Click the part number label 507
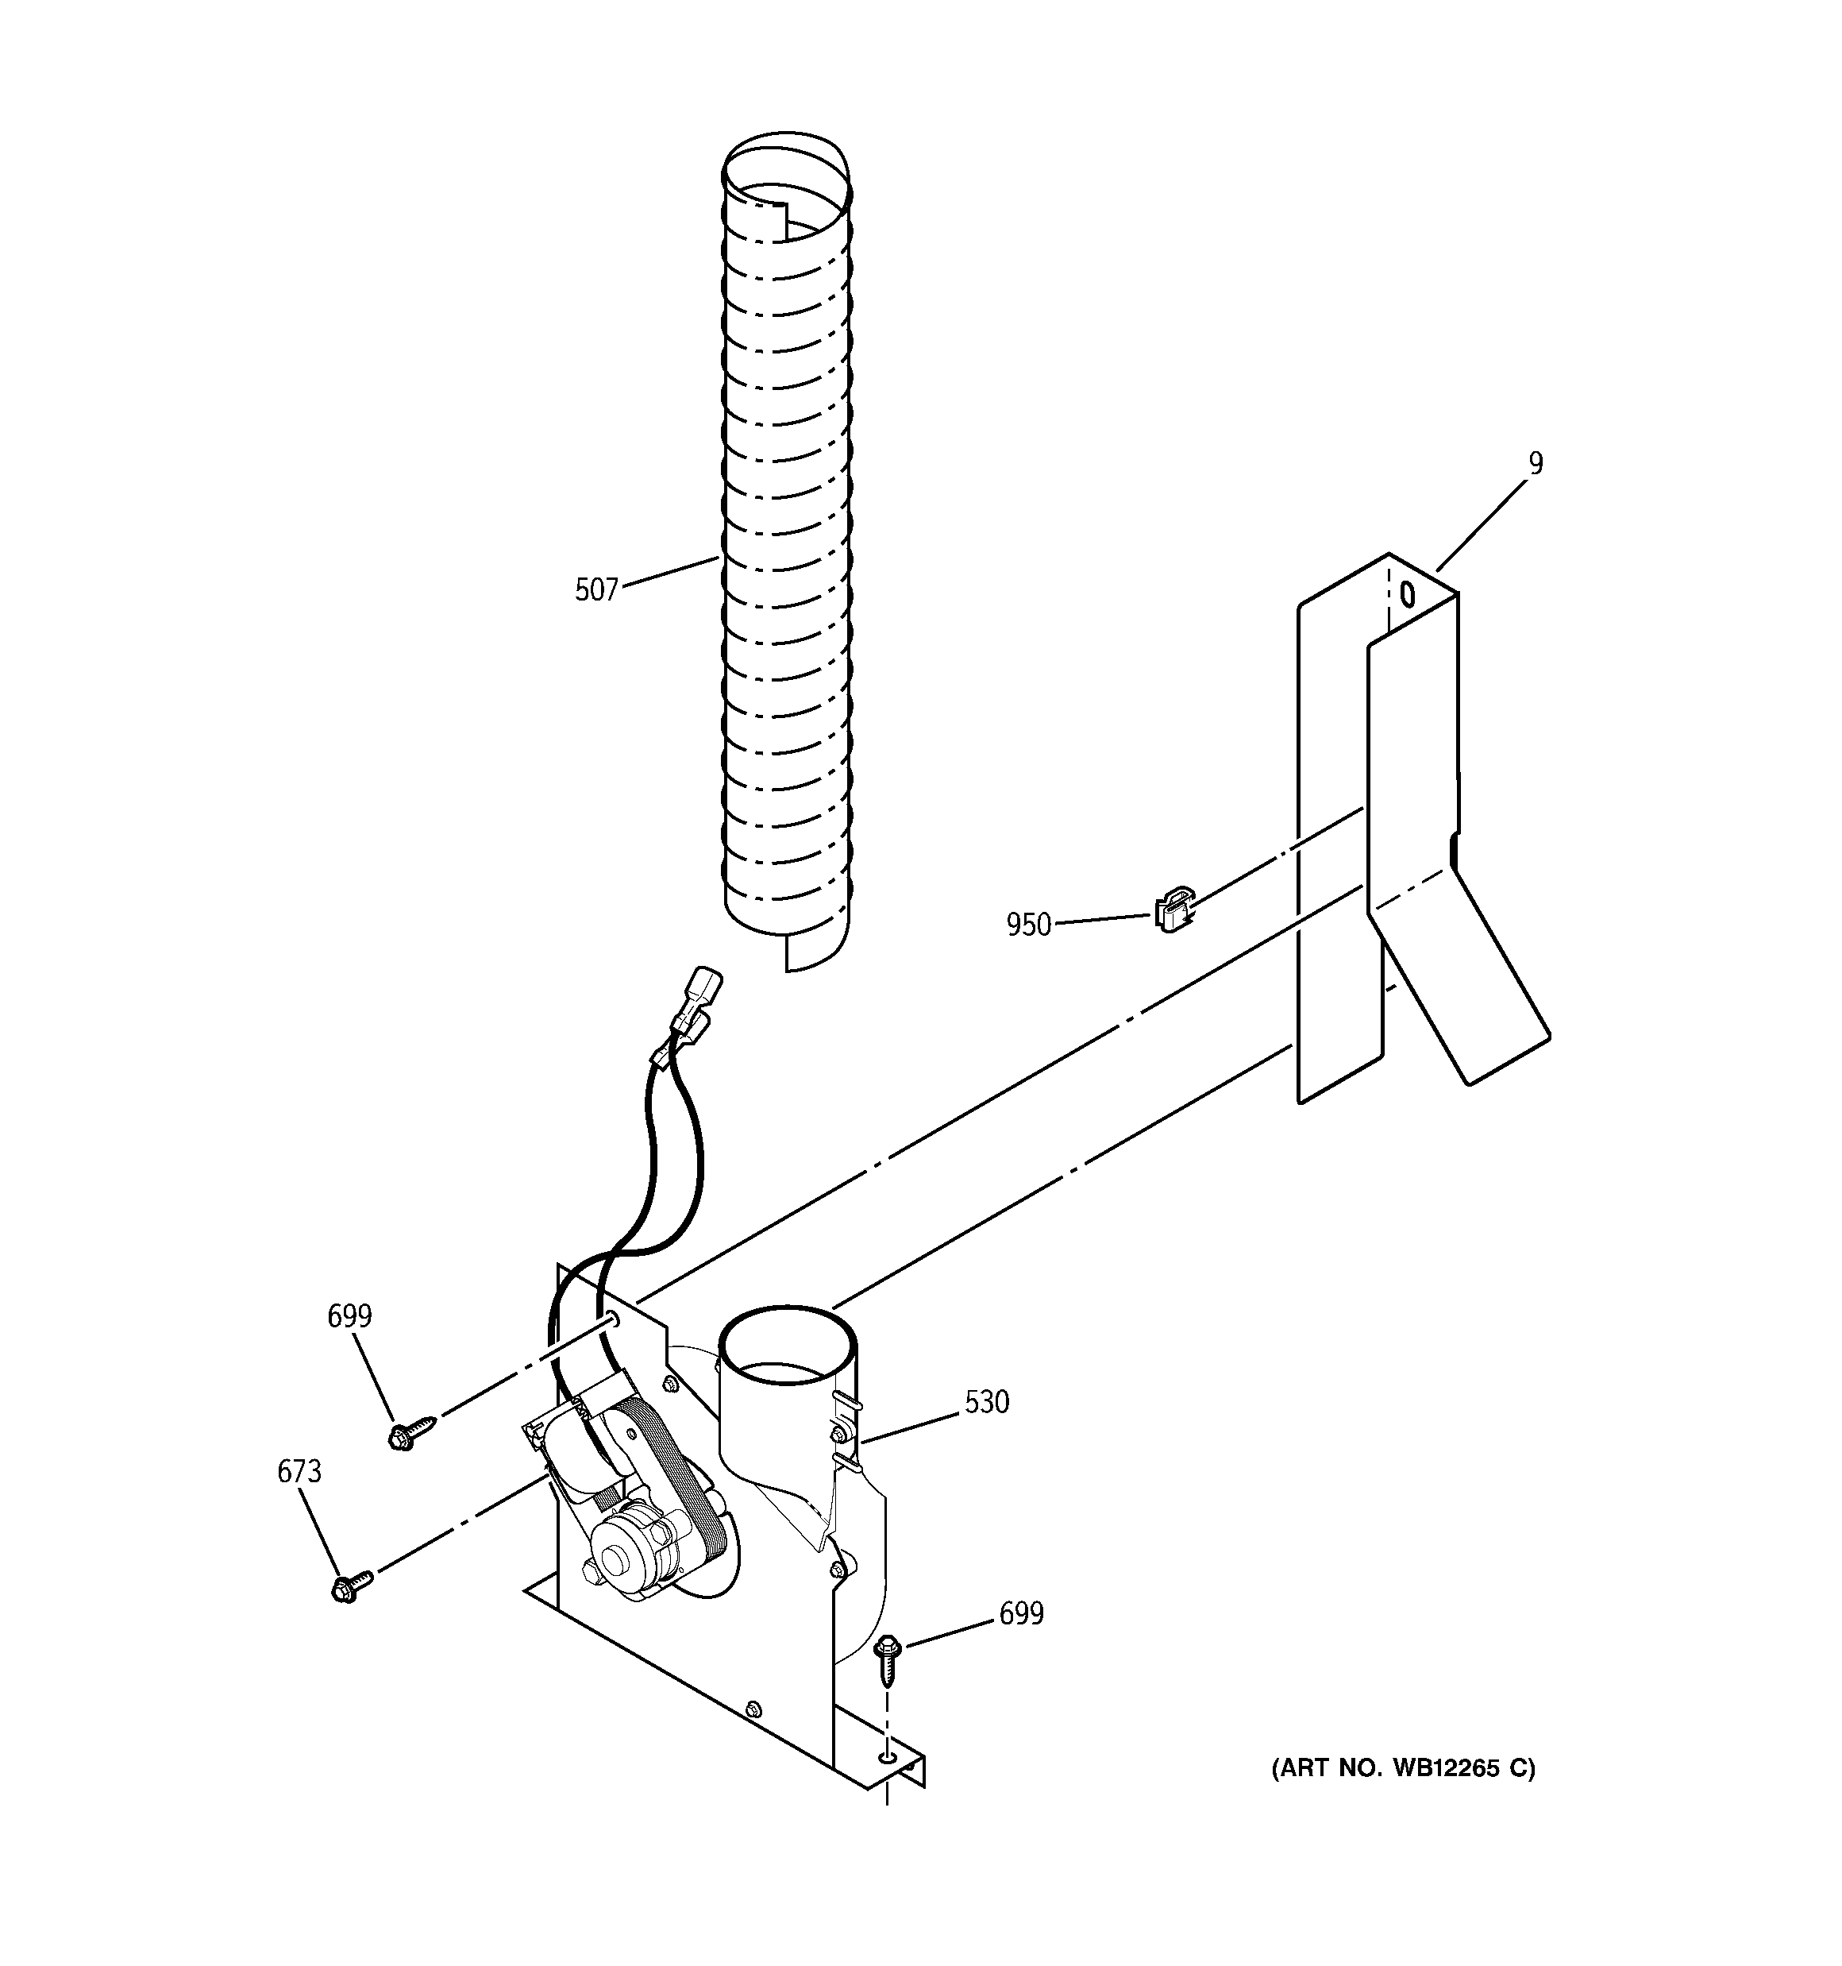pyautogui.click(x=596, y=590)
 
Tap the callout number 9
pyautogui.click(x=1535, y=463)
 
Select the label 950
pyautogui.click(x=1028, y=925)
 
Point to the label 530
pyautogui.click(x=986, y=1401)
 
